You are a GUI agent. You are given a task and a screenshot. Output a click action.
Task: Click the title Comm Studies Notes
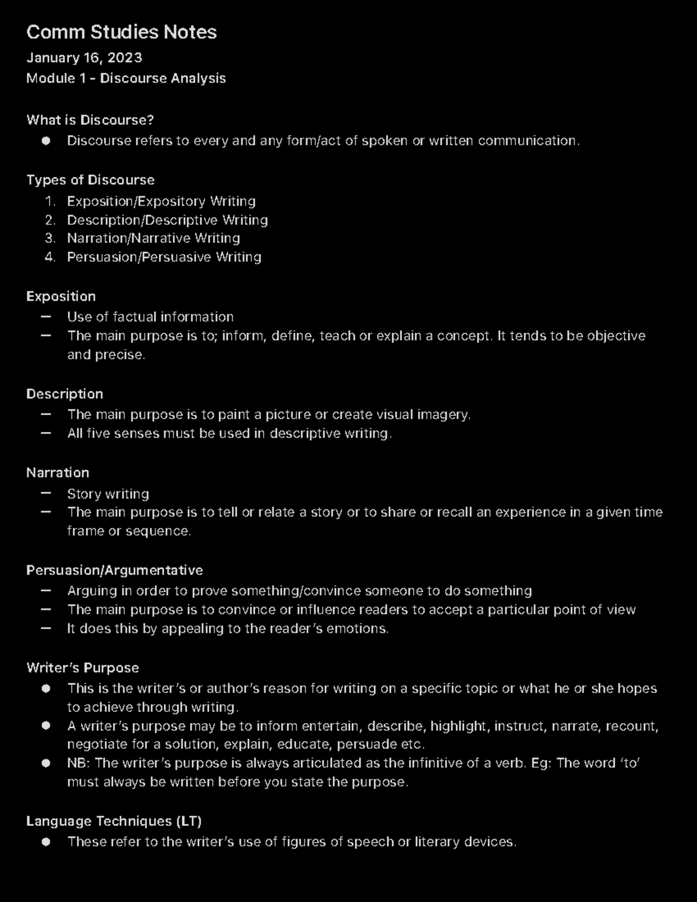(x=121, y=32)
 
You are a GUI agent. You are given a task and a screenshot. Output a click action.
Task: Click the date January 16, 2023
(x=84, y=58)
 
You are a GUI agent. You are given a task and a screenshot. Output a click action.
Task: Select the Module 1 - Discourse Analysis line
(x=126, y=78)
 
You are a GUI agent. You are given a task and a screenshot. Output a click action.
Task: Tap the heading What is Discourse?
(x=90, y=120)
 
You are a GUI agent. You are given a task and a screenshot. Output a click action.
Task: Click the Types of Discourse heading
(x=90, y=180)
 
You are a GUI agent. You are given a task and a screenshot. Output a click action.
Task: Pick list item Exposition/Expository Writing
(x=161, y=202)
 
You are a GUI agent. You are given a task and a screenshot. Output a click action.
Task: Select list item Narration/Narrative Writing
(x=153, y=238)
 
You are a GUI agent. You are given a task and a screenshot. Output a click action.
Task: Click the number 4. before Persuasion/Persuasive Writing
(x=50, y=257)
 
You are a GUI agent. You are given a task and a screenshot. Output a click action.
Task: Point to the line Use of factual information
(x=150, y=317)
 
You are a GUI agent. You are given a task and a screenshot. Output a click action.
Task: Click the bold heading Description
(x=64, y=394)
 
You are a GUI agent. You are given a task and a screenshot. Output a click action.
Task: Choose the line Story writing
(x=108, y=494)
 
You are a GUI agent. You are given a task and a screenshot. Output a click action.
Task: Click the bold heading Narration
(x=58, y=473)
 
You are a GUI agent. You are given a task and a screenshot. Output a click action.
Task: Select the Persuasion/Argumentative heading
(x=114, y=570)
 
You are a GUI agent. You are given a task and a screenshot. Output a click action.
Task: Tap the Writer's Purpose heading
(x=82, y=668)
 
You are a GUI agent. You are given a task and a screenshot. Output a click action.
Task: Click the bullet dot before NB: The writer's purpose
(x=46, y=763)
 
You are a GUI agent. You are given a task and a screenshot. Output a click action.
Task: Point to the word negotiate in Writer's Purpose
(x=95, y=745)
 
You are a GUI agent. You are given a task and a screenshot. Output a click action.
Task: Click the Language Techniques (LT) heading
(x=114, y=821)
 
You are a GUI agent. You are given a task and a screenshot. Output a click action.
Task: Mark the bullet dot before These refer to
(x=46, y=842)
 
